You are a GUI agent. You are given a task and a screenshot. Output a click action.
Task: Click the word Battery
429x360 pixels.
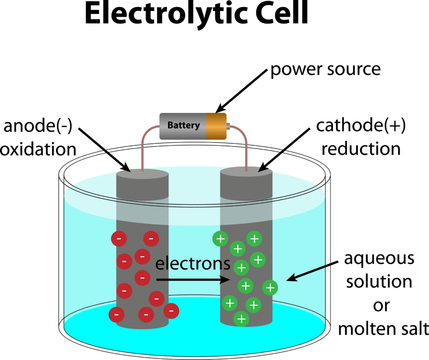[183, 125]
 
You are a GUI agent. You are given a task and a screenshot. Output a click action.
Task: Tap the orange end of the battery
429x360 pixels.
[217, 126]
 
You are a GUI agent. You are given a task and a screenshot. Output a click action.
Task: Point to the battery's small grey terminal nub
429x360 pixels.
[228, 125]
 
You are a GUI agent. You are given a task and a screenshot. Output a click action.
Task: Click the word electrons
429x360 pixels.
[193, 264]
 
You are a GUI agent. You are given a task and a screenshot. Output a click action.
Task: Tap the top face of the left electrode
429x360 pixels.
[142, 175]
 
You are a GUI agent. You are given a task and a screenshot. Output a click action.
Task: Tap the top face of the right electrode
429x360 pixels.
[246, 174]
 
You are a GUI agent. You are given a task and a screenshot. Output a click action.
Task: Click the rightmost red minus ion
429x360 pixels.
[171, 311]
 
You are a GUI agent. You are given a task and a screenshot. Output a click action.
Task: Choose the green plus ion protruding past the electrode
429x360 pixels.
[270, 288]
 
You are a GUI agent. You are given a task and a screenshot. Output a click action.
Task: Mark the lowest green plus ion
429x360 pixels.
[241, 319]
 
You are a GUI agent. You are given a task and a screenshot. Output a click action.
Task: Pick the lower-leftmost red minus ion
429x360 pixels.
[116, 314]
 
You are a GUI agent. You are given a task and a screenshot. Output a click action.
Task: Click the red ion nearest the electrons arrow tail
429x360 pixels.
[142, 277]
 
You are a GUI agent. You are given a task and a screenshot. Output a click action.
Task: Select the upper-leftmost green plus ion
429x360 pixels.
[220, 239]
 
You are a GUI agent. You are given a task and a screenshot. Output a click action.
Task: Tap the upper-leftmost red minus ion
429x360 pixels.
[119, 239]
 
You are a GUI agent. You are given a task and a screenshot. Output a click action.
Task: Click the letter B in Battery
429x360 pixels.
[171, 125]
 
